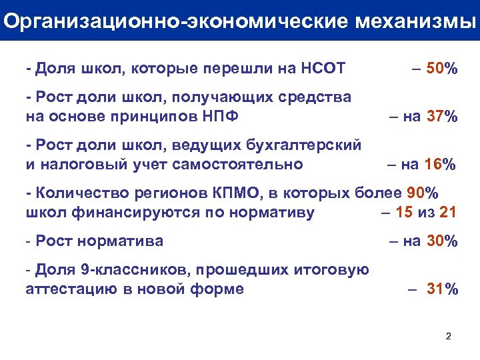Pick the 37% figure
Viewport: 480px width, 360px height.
coord(442,117)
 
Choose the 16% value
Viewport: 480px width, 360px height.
coord(442,164)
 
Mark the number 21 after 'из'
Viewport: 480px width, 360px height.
coord(449,213)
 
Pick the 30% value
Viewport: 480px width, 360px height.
coord(442,241)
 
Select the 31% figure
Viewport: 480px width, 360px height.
coord(442,289)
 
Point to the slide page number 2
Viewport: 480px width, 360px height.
coord(448,336)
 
